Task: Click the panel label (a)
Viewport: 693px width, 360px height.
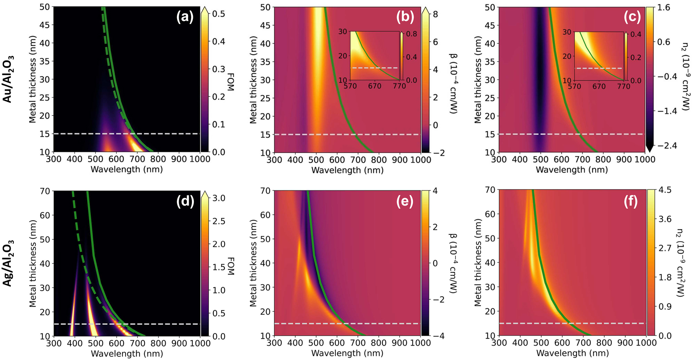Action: [185, 16]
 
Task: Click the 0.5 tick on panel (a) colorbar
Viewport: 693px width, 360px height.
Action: [219, 14]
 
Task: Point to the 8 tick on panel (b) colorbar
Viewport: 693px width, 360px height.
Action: [436, 14]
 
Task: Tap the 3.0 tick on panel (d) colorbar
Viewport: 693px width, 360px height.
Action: [219, 198]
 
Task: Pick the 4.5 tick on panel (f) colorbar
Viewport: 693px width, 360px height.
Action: [665, 190]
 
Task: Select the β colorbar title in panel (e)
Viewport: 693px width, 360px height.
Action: [453, 263]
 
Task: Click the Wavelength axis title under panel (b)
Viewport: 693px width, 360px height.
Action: [347, 170]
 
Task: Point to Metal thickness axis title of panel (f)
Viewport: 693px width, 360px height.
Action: [478, 262]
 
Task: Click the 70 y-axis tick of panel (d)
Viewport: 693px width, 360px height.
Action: [46, 191]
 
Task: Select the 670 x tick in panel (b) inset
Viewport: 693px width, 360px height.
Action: [375, 86]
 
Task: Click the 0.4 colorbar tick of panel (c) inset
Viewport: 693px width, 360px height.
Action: [636, 34]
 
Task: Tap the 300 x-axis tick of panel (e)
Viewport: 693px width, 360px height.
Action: [275, 343]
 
